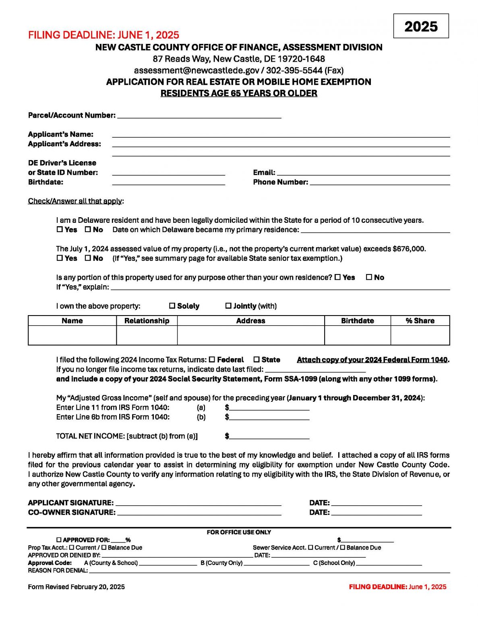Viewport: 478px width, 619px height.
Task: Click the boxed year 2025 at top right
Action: tap(421, 26)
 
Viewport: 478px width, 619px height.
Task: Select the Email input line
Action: tap(363, 172)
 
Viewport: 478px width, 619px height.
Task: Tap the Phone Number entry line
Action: tap(380, 182)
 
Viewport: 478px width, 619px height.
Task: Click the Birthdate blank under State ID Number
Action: tap(168, 182)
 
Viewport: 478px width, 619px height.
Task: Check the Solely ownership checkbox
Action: tap(172, 306)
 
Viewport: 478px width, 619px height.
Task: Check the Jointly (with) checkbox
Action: tap(228, 306)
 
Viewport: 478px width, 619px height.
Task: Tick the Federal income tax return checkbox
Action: tap(212, 359)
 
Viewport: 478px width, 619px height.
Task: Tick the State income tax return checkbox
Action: tap(257, 359)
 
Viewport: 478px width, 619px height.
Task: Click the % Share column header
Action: tap(420, 321)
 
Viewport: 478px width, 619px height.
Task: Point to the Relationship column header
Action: tap(147, 321)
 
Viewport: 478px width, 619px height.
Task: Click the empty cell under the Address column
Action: tap(250, 335)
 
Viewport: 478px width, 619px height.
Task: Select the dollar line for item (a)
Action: tap(269, 407)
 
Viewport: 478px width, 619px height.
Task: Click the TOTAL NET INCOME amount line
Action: tap(269, 436)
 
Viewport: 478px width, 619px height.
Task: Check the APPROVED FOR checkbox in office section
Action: tap(59, 540)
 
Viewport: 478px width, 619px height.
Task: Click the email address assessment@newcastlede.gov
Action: tap(197, 70)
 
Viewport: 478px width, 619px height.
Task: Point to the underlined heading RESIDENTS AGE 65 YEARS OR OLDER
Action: tap(239, 93)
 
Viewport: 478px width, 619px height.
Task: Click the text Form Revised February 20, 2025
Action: tap(77, 587)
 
